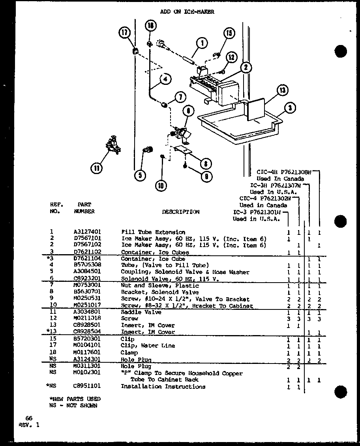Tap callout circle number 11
96,169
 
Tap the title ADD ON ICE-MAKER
187,12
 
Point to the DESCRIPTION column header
181,212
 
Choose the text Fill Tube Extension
153,232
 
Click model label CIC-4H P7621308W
284,172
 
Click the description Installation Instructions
163,386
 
